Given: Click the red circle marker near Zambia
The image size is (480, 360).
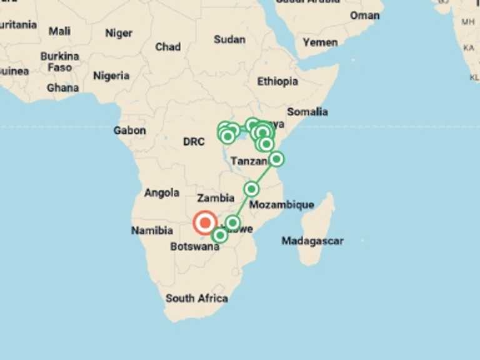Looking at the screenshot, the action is [205, 222].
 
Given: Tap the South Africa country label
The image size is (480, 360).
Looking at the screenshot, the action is [196, 298].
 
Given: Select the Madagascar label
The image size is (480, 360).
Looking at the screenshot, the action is [312, 241].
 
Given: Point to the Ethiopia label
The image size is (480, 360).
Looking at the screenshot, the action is [277, 81].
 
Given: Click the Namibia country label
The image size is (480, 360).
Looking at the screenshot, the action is [152, 231].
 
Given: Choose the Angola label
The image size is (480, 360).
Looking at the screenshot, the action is [162, 193].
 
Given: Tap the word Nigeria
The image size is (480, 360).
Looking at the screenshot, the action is [111, 76].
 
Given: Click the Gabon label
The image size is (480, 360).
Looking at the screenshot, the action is [129, 131].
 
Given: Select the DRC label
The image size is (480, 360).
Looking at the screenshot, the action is [194, 142].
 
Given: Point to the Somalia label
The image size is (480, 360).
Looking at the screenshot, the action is [307, 112].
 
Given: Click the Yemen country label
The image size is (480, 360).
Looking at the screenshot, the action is [320, 42].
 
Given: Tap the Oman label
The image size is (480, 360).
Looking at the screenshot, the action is [364, 15].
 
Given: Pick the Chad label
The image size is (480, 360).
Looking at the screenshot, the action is [167, 47].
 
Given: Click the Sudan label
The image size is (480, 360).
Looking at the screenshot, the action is [229, 39].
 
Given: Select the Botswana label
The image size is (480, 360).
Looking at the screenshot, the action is [194, 246].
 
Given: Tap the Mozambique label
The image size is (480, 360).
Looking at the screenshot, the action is [281, 204].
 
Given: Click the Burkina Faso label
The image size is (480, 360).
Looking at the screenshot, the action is [60, 61].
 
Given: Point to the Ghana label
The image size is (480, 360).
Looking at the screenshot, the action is [62, 87].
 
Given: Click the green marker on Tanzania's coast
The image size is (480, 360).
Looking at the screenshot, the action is [276, 159].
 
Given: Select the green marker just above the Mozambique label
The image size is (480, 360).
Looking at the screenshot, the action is [251, 189].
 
